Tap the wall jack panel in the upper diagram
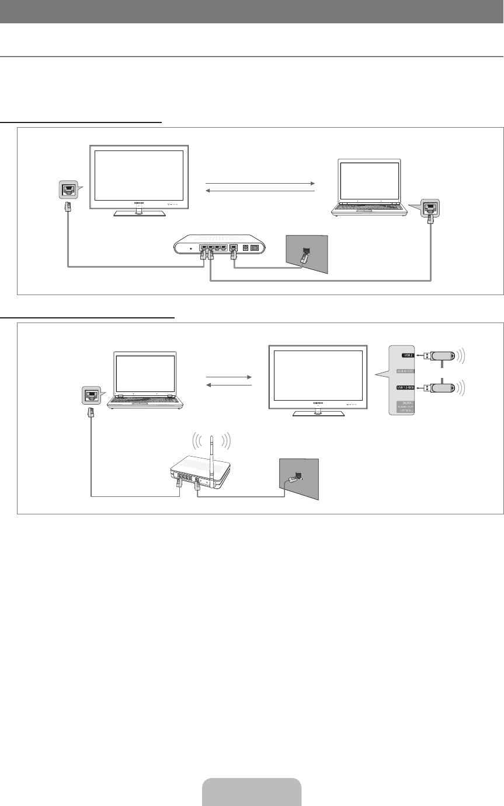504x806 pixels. pos(306,253)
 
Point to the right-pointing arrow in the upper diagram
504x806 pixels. pos(260,183)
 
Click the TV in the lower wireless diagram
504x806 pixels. pos(318,376)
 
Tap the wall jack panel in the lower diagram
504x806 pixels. pos(299,478)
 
